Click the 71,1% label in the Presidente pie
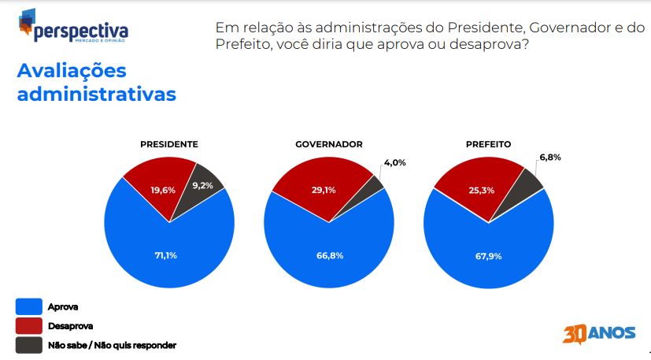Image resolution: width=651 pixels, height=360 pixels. tap(165, 255)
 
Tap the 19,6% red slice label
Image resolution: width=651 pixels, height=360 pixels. tap(163, 190)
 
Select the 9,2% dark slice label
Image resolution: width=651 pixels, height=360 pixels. tap(202, 185)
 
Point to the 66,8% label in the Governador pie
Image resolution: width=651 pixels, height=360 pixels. tap(330, 255)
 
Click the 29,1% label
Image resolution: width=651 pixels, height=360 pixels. tap(324, 190)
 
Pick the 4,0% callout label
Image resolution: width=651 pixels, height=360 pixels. tap(395, 162)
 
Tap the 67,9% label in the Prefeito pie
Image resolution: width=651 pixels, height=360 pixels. tap(488, 256)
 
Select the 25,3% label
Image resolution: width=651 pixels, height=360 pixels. tap(482, 190)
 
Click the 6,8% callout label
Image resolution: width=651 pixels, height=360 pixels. tap(550, 157)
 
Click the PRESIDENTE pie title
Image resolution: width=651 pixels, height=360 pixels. tap(169, 144)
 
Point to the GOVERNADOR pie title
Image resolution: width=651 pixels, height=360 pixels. tap(329, 144)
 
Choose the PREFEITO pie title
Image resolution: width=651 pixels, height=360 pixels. tap(488, 144)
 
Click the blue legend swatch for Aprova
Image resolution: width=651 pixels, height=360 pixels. tap(28, 306)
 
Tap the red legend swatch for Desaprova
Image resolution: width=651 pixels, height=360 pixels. tap(28, 326)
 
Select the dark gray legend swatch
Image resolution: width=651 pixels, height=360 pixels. tap(28, 345)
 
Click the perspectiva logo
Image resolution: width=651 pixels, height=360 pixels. tap(73, 26)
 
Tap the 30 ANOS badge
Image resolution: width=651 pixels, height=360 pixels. tap(599, 334)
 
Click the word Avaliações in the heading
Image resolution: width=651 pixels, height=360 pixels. tap(72, 71)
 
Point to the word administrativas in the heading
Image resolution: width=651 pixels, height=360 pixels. tap(96, 94)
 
